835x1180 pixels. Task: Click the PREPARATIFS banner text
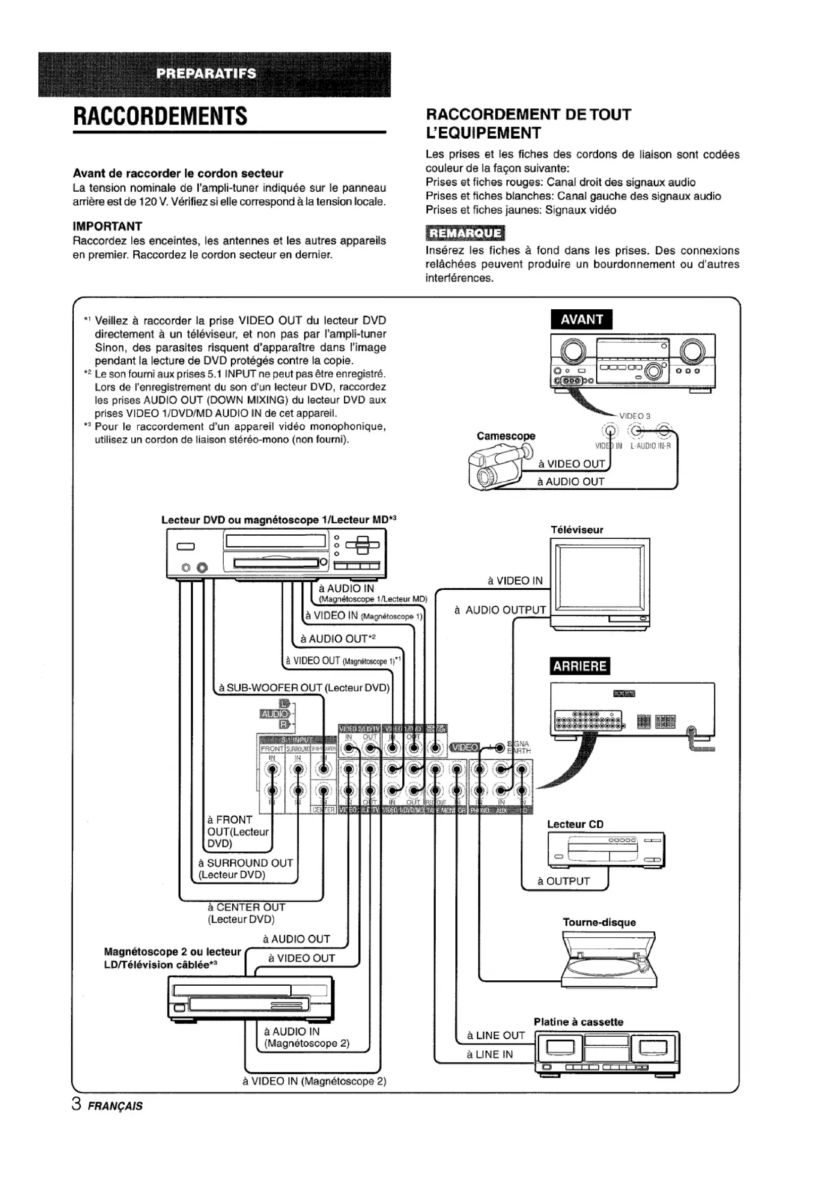pos(205,73)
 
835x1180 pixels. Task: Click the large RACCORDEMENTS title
pos(161,116)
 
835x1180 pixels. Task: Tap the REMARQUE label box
pos(465,234)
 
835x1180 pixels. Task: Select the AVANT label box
pos(581,320)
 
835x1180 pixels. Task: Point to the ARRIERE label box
pos(580,666)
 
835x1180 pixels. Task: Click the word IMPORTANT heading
pos(108,227)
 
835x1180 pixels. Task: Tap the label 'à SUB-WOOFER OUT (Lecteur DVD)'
pos(304,688)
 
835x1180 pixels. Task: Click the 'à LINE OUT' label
pos(496,1035)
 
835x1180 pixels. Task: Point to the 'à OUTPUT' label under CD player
pos(563,881)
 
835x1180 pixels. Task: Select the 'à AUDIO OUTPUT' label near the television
pos(500,610)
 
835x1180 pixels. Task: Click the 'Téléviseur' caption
pos(577,530)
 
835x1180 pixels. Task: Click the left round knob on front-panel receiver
pos(573,351)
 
